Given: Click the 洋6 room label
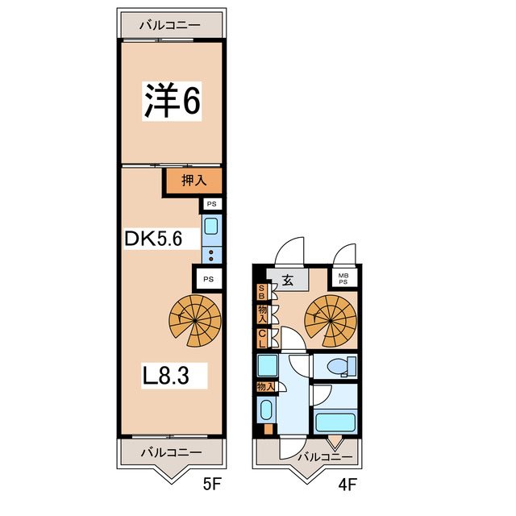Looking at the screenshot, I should [172, 100].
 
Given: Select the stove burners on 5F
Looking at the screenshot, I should [210, 257].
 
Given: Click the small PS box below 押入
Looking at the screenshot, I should [211, 205].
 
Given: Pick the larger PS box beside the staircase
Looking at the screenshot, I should [208, 279].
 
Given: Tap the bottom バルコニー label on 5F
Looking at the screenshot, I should [170, 451].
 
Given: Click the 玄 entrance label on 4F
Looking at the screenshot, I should [288, 281].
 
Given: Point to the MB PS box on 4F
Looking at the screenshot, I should [343, 279].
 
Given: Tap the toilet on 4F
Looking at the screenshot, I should [338, 367].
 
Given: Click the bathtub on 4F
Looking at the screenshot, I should [336, 422].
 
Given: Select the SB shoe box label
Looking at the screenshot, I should [261, 293].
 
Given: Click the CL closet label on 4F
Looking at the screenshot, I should [262, 339].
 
